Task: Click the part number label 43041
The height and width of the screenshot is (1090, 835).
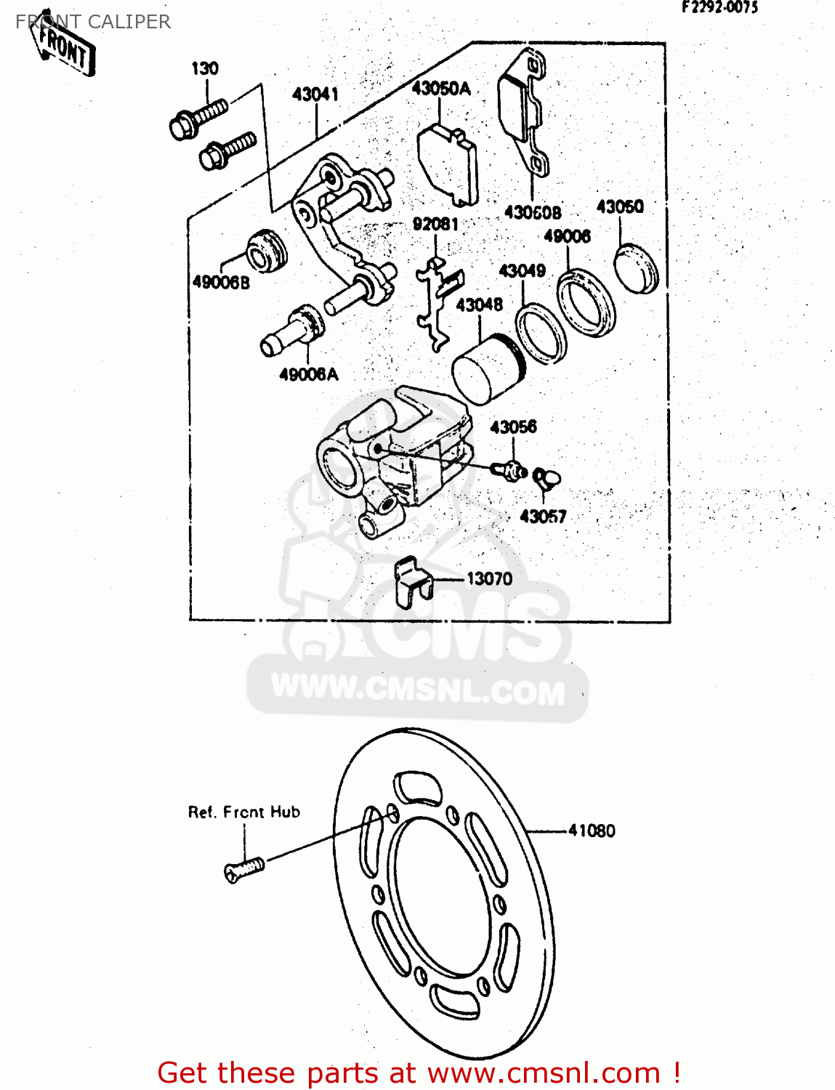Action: pos(315,94)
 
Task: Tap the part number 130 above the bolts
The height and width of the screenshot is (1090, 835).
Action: pos(204,69)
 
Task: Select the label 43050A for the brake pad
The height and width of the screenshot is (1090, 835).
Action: pos(440,89)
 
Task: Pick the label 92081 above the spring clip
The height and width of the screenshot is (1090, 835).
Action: pos(435,225)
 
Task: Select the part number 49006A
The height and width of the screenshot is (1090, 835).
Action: pos(309,375)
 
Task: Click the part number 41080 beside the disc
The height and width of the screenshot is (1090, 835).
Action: pos(591,831)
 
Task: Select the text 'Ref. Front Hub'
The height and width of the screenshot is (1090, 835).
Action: pos(244,812)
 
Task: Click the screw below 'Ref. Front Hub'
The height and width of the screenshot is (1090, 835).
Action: pos(243,869)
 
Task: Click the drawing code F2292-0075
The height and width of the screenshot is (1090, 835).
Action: pos(719,8)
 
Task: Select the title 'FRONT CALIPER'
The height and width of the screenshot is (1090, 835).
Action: pos(93,22)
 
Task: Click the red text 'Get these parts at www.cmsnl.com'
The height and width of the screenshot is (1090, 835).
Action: pos(419,1073)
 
